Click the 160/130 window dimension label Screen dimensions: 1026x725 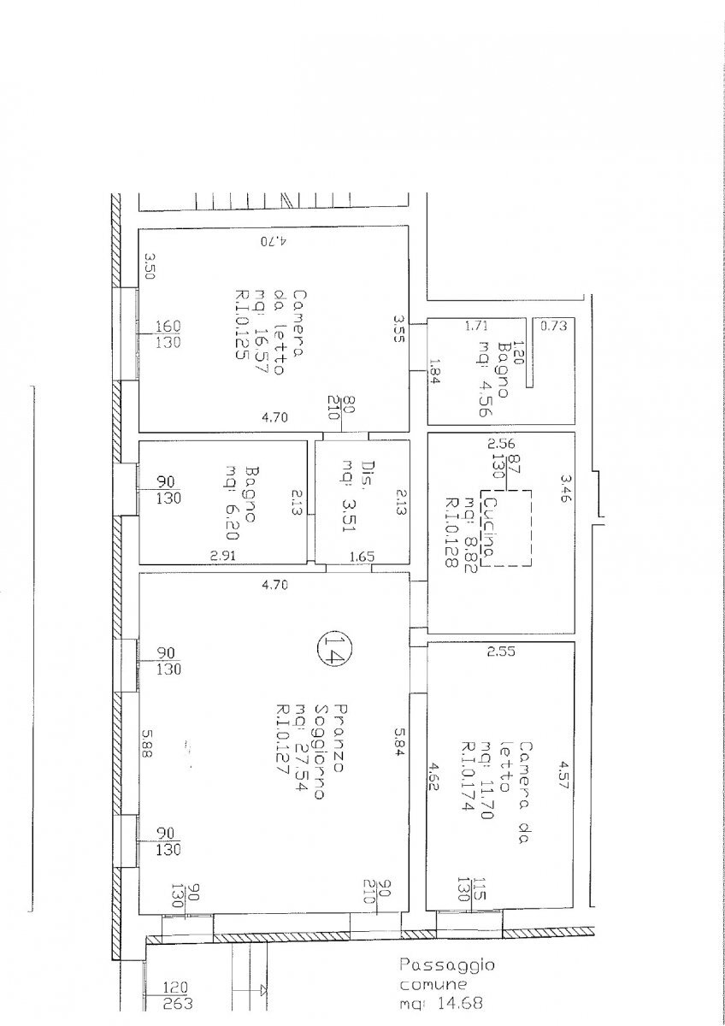(x=167, y=335)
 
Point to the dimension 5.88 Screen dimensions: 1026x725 (x=147, y=750)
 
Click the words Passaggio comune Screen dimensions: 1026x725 (x=446, y=974)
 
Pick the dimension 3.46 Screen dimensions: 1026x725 (x=564, y=487)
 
